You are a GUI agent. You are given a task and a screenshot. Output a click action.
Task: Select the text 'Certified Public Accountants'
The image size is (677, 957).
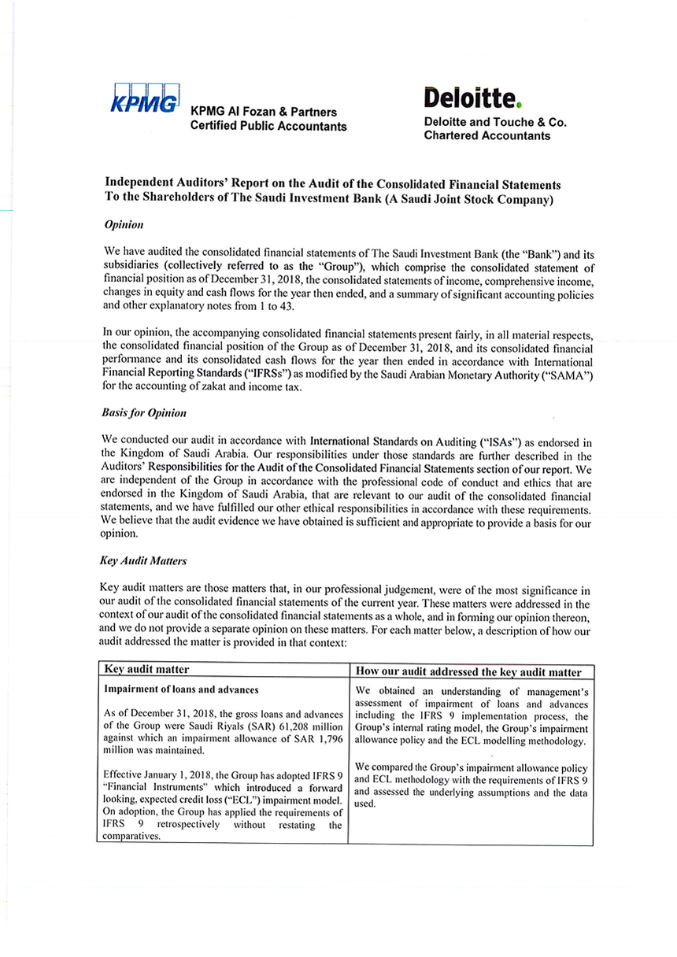(268, 127)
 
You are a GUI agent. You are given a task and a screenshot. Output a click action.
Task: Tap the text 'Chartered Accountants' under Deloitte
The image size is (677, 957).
(486, 136)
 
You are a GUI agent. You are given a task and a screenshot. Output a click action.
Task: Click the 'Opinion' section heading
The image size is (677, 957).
(124, 225)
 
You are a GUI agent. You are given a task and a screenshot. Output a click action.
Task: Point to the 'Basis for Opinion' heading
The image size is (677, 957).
(145, 412)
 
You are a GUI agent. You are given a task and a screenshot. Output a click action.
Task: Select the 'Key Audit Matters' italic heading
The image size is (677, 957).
(142, 563)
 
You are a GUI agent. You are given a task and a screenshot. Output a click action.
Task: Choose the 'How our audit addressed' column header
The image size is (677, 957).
(468, 671)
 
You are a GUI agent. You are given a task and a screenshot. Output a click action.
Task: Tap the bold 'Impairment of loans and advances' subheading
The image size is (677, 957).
(181, 689)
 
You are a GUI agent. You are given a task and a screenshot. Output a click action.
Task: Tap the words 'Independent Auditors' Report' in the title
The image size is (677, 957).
(187, 183)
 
